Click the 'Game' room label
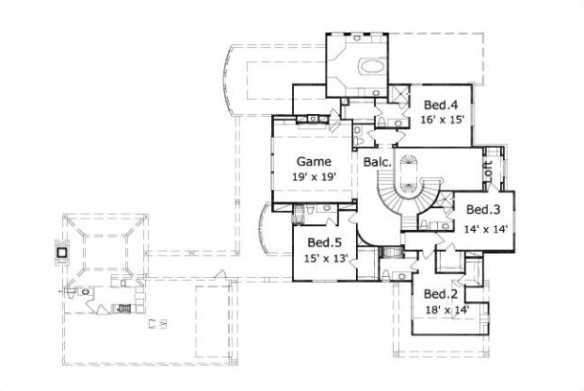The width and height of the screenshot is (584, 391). (x=314, y=160)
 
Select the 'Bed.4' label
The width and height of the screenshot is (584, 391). (x=440, y=105)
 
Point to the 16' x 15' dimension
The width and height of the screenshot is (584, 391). (x=440, y=120)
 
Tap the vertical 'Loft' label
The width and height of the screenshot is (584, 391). (x=488, y=172)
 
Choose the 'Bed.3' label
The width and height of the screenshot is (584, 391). (x=482, y=209)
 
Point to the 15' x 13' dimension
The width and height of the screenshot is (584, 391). (x=323, y=256)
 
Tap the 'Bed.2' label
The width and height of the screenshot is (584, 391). (x=440, y=294)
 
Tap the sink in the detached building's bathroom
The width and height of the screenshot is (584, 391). (x=86, y=292)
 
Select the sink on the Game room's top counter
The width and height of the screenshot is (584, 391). (x=312, y=119)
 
